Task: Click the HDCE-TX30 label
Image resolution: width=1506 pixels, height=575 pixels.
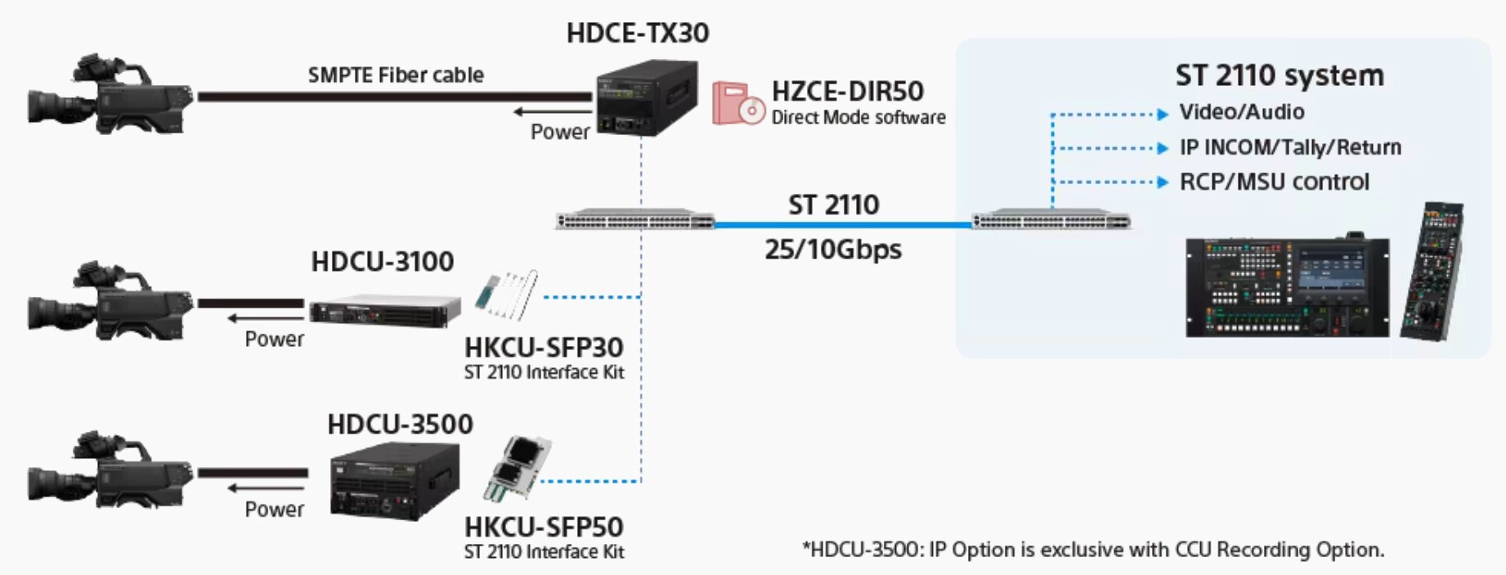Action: pyautogui.click(x=638, y=33)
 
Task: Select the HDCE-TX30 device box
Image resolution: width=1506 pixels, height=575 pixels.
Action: pyautogui.click(x=647, y=97)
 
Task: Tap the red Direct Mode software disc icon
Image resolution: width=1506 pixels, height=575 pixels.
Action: pyautogui.click(x=737, y=103)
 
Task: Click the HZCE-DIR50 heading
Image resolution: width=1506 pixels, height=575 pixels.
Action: pyautogui.click(x=847, y=91)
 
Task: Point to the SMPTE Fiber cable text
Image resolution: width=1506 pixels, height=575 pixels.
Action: pyautogui.click(x=396, y=75)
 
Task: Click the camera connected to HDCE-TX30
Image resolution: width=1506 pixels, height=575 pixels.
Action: pyautogui.click(x=110, y=94)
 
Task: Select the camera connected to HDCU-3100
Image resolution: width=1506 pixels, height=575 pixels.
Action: pyautogui.click(x=110, y=301)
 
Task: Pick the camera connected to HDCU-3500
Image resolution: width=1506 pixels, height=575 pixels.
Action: pyautogui.click(x=110, y=471)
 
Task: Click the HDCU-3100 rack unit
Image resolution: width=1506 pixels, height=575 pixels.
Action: pyautogui.click(x=384, y=310)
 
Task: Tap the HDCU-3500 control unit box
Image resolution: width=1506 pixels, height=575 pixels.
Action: pyautogui.click(x=394, y=481)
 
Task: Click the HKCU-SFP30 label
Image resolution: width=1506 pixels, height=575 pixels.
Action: pyautogui.click(x=544, y=348)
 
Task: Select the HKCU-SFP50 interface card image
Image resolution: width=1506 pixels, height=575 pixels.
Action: pyautogui.click(x=518, y=469)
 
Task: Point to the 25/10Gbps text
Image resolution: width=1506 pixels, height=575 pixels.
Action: pyautogui.click(x=833, y=249)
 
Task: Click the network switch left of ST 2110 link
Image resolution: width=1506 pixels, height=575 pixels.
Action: pyautogui.click(x=635, y=220)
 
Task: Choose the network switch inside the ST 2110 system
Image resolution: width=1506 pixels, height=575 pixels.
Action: pyautogui.click(x=1051, y=220)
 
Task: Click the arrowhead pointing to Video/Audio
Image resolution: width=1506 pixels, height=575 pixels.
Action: pyautogui.click(x=1163, y=114)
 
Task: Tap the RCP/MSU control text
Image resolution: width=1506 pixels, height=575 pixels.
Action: pyautogui.click(x=1274, y=182)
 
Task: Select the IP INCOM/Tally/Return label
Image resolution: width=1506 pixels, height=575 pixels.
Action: pyautogui.click(x=1290, y=147)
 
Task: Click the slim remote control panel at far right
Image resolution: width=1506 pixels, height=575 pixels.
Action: pyautogui.click(x=1432, y=272)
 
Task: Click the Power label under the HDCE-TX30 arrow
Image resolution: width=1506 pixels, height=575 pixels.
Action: pyautogui.click(x=560, y=132)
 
